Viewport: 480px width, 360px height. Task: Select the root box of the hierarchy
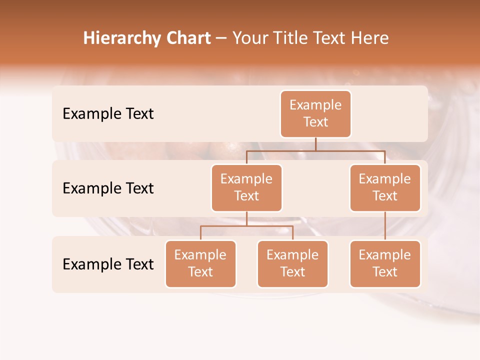click(x=315, y=114)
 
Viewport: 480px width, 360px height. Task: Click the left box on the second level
click(x=246, y=188)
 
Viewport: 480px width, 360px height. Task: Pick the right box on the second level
click(x=385, y=188)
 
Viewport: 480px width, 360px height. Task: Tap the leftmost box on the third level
click(x=200, y=264)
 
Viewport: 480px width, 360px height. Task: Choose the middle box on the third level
click(x=292, y=264)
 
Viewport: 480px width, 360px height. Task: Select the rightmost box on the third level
click(x=385, y=264)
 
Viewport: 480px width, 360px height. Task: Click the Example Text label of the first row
click(x=108, y=114)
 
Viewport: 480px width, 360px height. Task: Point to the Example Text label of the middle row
click(x=108, y=188)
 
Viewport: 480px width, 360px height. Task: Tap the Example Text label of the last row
click(x=108, y=264)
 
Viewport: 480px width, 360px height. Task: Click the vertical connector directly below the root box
click(x=315, y=144)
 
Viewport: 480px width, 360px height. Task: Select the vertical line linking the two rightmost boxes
click(x=385, y=226)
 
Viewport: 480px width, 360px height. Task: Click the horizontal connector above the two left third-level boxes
click(x=246, y=226)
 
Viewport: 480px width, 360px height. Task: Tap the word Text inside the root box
click(x=315, y=122)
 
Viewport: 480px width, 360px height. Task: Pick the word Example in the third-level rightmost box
click(x=385, y=255)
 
